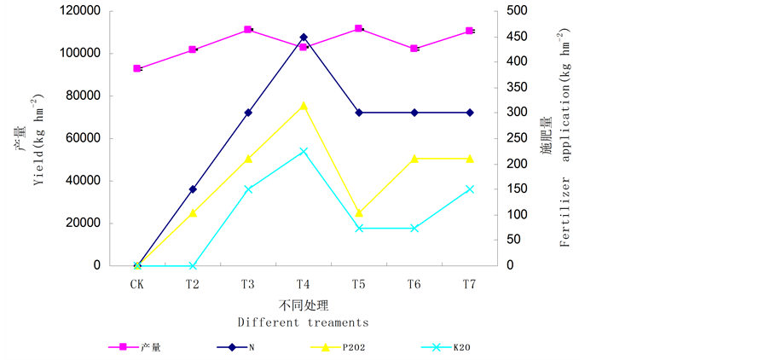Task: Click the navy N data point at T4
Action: [304, 38]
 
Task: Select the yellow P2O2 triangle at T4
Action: [304, 105]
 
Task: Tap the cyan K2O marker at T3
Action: [248, 189]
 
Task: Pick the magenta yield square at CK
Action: [137, 68]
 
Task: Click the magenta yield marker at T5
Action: [359, 29]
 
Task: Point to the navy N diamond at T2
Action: [193, 189]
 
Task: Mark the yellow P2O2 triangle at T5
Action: [359, 212]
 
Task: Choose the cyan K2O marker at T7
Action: [470, 189]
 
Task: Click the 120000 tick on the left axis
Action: [79, 11]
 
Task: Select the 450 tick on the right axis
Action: [516, 37]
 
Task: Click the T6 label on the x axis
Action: [414, 284]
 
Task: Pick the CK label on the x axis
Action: [137, 284]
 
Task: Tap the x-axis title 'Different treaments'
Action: [303, 322]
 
